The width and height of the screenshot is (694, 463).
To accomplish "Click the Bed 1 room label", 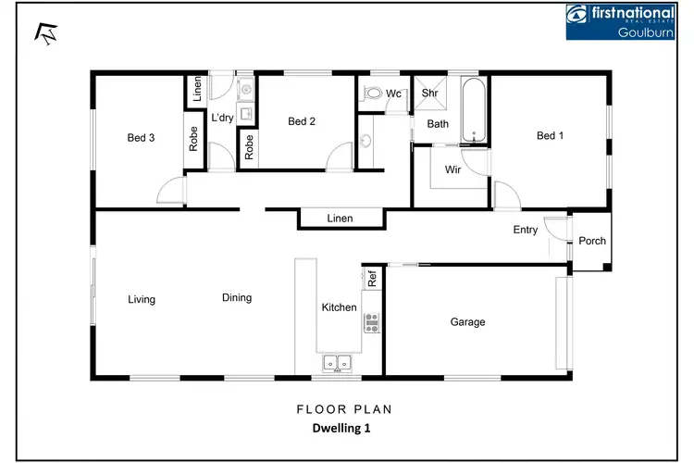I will tap(550, 136).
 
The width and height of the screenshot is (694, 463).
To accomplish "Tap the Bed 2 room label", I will tap(302, 121).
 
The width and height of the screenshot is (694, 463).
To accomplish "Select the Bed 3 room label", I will tap(141, 138).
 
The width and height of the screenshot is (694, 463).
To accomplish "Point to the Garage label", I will tap(467, 322).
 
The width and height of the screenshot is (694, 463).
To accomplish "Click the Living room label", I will tap(142, 299).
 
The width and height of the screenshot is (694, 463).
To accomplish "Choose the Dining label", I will tap(237, 298).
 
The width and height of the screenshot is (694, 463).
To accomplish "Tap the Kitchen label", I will tap(339, 307).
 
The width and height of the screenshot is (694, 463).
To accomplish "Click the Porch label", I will tap(592, 241).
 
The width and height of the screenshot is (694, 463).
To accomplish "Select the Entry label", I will tap(525, 231).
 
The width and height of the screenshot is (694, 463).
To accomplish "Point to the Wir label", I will tap(453, 170).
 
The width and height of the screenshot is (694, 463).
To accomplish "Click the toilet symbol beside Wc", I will tap(372, 94).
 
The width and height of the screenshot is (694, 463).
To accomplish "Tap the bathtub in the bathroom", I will tap(474, 111).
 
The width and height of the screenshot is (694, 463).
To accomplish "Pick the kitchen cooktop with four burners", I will tap(372, 323).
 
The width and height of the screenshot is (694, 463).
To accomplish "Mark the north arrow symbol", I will tap(43, 33).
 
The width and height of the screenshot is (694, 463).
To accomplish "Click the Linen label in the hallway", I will tap(340, 219).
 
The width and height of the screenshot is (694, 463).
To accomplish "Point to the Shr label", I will tap(430, 94).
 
